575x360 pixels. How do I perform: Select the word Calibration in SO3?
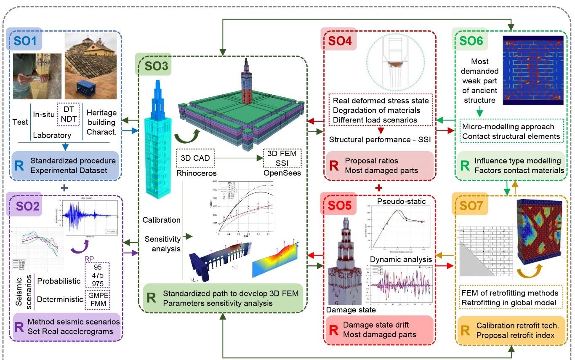pos(162,220)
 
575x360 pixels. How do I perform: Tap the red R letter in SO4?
pos(333,165)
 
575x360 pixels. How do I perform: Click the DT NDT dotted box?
pos(69,114)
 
